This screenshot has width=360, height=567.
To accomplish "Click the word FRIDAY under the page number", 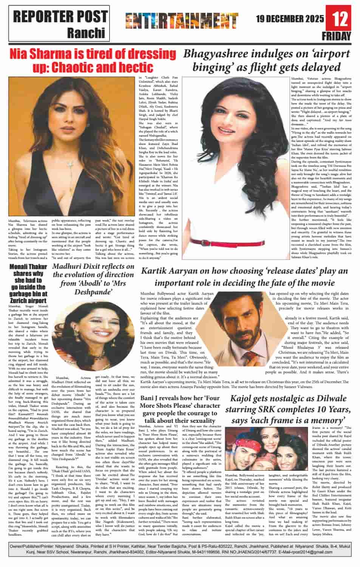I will [341, 36].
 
